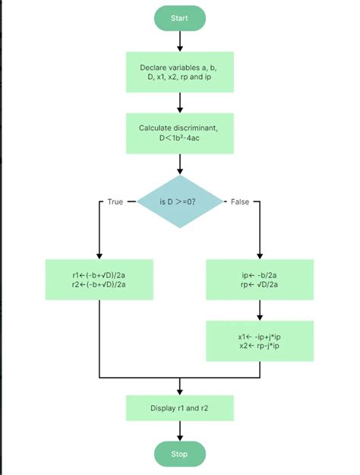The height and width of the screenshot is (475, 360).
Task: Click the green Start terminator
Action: [179, 18]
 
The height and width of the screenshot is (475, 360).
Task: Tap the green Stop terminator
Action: [179, 454]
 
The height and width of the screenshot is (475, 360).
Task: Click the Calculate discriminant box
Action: [179, 133]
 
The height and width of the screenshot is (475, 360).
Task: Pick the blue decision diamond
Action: [180, 201]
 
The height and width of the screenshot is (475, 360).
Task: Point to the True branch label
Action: [115, 202]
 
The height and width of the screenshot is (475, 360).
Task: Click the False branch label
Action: [239, 202]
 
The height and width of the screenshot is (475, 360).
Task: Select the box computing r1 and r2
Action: [99, 279]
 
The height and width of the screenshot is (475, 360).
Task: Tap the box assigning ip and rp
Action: [260, 279]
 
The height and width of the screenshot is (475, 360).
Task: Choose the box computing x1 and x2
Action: [260, 341]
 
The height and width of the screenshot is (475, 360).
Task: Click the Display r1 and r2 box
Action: [179, 408]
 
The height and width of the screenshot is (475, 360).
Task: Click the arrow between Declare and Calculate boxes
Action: [179, 103]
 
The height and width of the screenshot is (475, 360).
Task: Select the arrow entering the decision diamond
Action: [179, 163]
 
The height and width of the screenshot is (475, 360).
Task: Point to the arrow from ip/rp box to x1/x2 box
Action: [260, 310]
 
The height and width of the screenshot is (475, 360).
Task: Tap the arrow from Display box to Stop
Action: [179, 431]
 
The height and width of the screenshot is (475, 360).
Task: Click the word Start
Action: [179, 18]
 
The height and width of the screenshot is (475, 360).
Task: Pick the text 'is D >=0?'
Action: [180, 202]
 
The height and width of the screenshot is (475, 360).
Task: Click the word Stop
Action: [179, 454]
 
